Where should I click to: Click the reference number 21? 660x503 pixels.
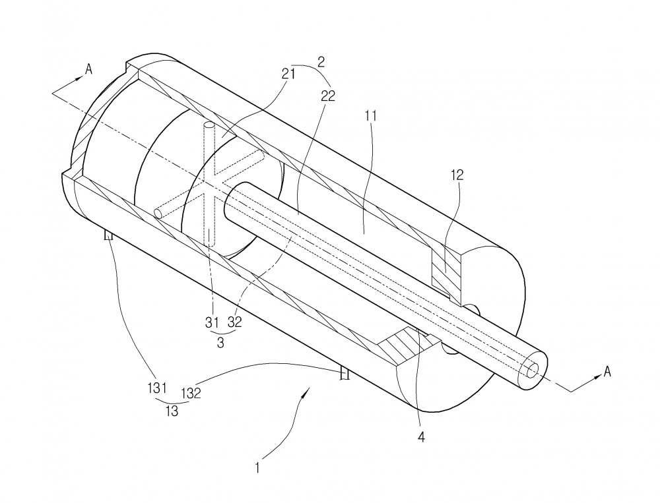288,75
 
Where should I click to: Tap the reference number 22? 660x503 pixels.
328,96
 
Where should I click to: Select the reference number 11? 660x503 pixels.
370,116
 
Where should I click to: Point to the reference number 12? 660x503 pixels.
457,175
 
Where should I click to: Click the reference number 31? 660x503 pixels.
212,323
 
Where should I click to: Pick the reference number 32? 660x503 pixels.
235,322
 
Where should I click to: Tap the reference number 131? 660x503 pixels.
157,388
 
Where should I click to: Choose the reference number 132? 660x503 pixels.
191,394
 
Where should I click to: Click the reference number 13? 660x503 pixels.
172,411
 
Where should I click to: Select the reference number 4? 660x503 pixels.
421,437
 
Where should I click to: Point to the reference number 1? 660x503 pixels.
257,467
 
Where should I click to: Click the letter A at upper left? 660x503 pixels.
88,69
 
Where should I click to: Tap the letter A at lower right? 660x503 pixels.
607,372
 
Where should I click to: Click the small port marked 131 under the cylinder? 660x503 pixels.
109,235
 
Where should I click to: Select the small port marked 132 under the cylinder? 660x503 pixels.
345,373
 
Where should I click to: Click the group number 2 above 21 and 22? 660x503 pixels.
321,62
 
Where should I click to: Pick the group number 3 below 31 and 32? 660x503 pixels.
220,343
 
